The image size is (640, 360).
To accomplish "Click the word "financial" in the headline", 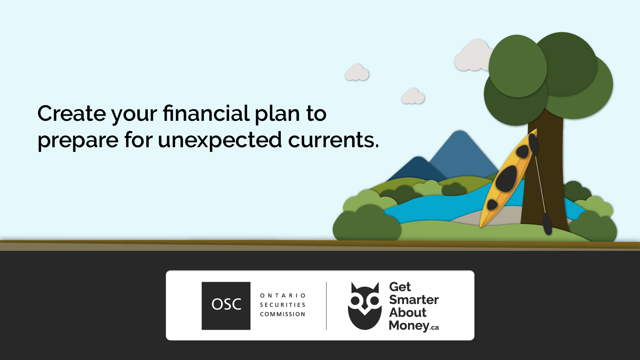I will coord(206,114).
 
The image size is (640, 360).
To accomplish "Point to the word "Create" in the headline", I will coord(72,114).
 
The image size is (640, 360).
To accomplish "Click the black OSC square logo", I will coord(226,306).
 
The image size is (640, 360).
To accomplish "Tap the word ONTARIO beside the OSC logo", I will coord(283,296).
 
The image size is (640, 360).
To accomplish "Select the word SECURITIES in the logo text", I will coord(283,305).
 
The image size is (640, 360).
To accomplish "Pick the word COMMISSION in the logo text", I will coord(283,314).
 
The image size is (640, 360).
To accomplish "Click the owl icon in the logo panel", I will coord(364,306).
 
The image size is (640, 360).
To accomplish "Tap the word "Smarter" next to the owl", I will coord(414,300).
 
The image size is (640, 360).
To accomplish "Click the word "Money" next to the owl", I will coord(409,326).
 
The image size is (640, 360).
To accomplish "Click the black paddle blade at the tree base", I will coord(547,224).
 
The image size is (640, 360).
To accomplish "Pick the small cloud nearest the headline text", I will coord(357,73).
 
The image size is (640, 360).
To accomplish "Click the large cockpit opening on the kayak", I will coord(507,178).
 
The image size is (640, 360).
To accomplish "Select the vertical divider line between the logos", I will coord(326,306).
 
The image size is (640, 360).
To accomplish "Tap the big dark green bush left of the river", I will coord(366,224).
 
